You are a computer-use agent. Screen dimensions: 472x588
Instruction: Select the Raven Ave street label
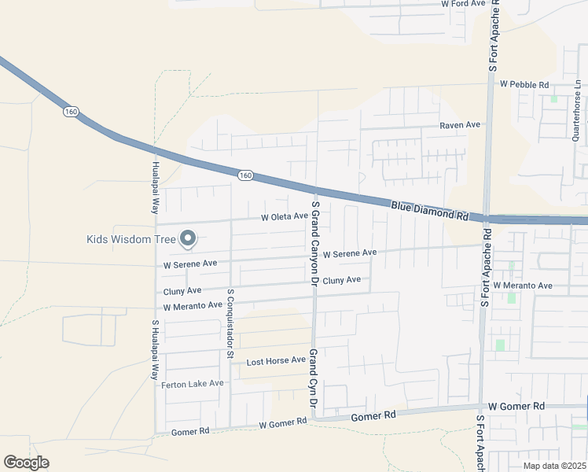[x=460, y=125]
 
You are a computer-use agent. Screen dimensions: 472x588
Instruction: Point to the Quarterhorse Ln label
[x=576, y=111]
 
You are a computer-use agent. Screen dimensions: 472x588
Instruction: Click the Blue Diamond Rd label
[x=429, y=210]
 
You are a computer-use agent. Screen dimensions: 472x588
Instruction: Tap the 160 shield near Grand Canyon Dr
[x=245, y=175]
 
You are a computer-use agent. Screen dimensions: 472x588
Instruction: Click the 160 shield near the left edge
[x=71, y=112]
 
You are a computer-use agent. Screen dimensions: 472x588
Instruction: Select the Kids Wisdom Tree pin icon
[x=188, y=237]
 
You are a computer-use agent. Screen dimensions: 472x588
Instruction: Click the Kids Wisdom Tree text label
[x=130, y=239]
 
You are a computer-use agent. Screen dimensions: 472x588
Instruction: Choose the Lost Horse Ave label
[x=276, y=361]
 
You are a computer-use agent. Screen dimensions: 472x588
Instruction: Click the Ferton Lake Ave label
[x=193, y=384]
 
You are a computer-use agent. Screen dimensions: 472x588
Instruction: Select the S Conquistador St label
[x=230, y=323]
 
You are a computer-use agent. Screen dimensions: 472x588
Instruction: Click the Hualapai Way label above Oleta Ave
[x=155, y=187]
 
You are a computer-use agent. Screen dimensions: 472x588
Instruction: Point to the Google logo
[x=27, y=463]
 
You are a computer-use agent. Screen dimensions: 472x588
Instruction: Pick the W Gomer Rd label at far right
[x=516, y=406]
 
